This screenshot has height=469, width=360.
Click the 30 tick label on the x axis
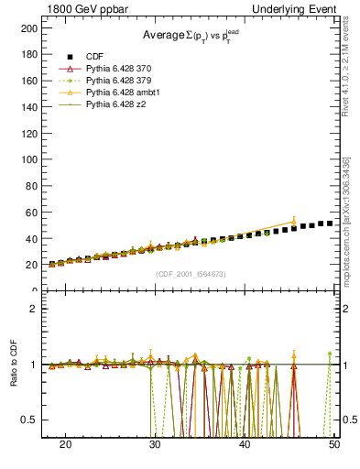pyautogui.click(x=155, y=444)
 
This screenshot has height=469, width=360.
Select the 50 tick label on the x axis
pyautogui.click(x=334, y=444)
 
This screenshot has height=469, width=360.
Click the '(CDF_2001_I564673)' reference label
pyautogui.click(x=190, y=275)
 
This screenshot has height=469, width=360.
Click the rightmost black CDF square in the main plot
pyautogui.click(x=330, y=224)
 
